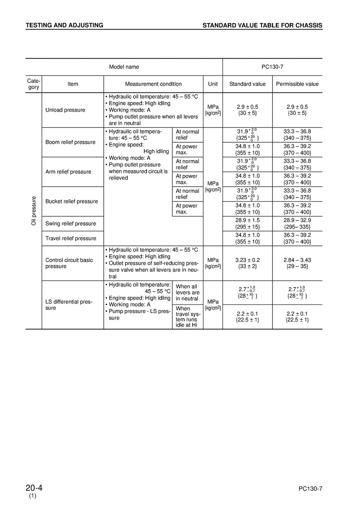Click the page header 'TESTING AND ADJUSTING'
64,25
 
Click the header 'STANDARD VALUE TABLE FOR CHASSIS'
262,25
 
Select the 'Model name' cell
124,67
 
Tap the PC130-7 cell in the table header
272,67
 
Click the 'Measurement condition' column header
153,84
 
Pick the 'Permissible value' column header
297,84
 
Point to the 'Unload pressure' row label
65,110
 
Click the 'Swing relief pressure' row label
71,223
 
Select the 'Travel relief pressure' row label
71,238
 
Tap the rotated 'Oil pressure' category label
34,211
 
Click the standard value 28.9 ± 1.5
247,220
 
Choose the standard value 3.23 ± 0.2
247,260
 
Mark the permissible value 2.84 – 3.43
297,260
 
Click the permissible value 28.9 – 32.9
297,220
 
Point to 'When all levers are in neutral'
187,292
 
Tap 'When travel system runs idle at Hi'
187,317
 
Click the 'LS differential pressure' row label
69,305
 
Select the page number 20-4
34,488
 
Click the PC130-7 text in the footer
310,489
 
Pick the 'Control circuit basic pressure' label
69,263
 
